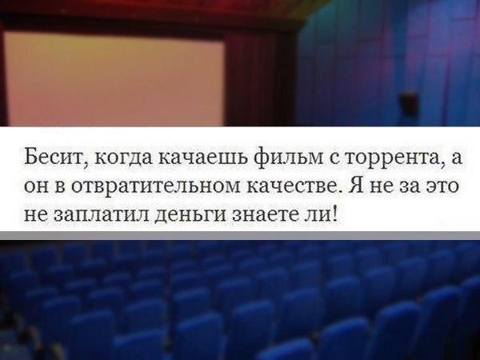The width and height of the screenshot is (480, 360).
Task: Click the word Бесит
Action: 53,157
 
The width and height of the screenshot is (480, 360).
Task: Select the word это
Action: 443,186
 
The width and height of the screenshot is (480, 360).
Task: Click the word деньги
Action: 190,215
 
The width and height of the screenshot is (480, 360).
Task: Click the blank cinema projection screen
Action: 114,79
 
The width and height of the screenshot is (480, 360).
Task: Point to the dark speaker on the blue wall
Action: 409,103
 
